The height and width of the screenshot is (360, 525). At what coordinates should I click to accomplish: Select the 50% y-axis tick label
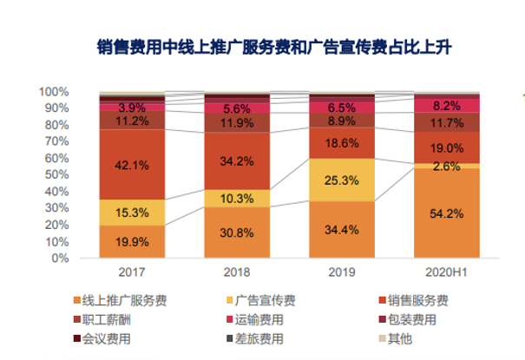[56, 174]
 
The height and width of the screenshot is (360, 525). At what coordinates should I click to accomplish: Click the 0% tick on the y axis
[59, 258]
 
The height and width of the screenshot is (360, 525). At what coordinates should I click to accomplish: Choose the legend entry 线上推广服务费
[118, 300]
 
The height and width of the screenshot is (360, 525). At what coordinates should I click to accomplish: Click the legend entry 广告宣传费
[260, 300]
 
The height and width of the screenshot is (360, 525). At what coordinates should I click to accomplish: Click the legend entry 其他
[397, 338]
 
